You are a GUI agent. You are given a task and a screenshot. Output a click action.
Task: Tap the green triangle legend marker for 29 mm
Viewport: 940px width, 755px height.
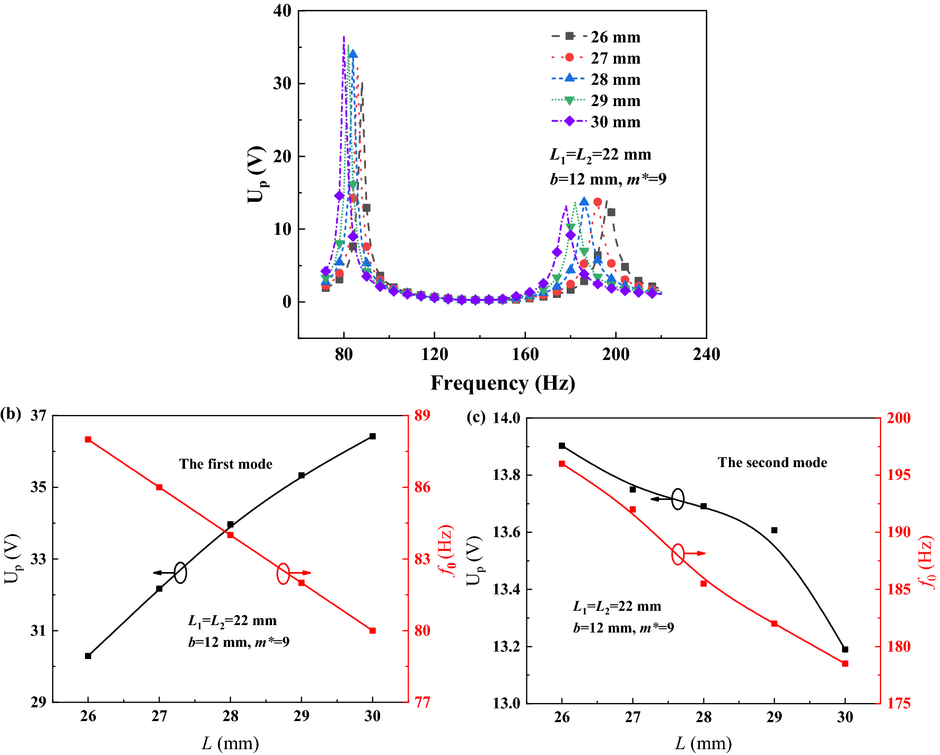[x=569, y=101]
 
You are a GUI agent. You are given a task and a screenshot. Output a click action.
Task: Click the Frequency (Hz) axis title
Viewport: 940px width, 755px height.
[x=503, y=383]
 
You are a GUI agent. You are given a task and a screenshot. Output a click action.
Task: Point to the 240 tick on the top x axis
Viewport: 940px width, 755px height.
[x=706, y=354]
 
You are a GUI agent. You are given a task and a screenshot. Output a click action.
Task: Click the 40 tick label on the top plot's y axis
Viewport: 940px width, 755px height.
[x=282, y=11]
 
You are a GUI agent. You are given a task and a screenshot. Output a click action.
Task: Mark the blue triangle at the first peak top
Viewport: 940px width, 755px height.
[x=353, y=54]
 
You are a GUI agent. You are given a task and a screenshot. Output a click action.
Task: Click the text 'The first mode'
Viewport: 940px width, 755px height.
[x=226, y=464]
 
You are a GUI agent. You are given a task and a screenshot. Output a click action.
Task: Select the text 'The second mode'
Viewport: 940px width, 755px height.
[x=772, y=462]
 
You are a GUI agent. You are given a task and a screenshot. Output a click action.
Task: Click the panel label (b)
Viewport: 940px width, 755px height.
[x=11, y=414]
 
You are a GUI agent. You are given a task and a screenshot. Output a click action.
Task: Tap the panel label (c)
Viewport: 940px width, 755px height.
[x=476, y=417]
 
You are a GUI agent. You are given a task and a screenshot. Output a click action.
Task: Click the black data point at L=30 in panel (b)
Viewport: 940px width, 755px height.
[x=373, y=436]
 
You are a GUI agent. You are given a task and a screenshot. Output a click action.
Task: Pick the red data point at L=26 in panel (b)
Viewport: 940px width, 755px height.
[x=88, y=440]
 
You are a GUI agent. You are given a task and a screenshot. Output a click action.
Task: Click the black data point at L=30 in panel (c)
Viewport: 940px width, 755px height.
[x=845, y=649]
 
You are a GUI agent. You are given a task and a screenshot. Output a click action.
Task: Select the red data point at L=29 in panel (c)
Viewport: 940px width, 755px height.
[x=774, y=624]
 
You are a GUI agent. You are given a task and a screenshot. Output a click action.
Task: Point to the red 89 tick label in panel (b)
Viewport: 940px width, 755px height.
[x=423, y=415]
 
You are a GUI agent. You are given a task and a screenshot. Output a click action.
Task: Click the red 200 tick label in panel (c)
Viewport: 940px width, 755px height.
[x=899, y=418]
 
